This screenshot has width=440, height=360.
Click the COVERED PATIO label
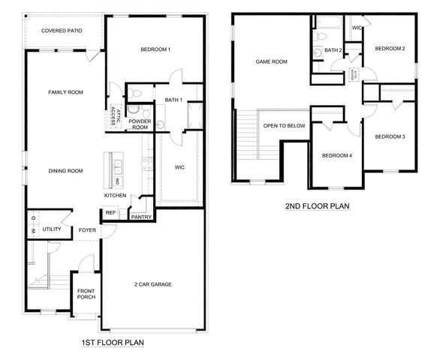pyautogui.click(x=62, y=31)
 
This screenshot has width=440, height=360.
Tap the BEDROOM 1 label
pyautogui.click(x=155, y=49)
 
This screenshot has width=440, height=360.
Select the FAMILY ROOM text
pyautogui.click(x=65, y=92)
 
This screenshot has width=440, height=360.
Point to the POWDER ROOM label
pyautogui.click(x=140, y=124)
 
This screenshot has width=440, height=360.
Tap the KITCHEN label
pyautogui.click(x=115, y=196)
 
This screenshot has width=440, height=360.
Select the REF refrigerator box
pyautogui.click(x=110, y=213)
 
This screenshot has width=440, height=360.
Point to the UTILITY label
pyautogui.click(x=52, y=229)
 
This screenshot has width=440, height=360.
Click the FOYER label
pyautogui.click(x=87, y=229)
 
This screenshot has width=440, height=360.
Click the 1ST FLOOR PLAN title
pyautogui.click(x=113, y=343)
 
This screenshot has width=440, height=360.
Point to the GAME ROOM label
pyautogui.click(x=272, y=62)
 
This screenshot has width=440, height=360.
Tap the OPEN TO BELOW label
pyautogui.click(x=284, y=125)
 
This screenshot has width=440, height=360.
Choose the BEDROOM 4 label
pyautogui.click(x=336, y=155)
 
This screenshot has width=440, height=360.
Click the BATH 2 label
pyautogui.click(x=334, y=50)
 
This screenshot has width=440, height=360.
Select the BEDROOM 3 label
pyautogui.click(x=390, y=136)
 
